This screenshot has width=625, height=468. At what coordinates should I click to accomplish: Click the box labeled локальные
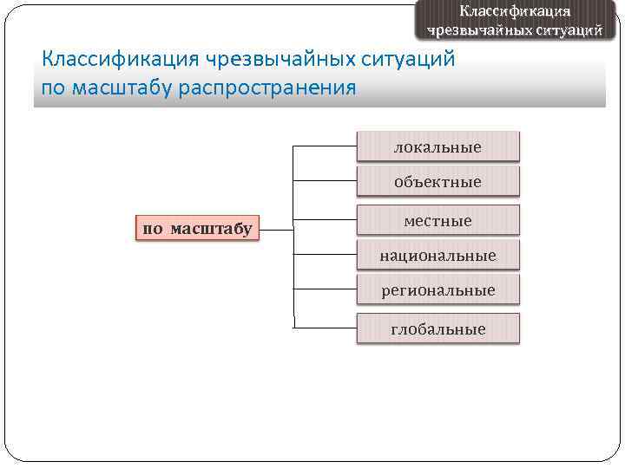437,146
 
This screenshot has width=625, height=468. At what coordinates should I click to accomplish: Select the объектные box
437,182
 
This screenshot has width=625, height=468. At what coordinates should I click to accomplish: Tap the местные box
437,221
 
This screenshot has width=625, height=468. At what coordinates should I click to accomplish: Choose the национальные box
437,256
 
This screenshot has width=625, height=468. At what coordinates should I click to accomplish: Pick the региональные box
437,290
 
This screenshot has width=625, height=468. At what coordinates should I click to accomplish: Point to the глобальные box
437,329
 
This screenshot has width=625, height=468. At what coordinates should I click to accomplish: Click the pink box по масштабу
197,229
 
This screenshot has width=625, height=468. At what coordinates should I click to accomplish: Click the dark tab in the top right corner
515,20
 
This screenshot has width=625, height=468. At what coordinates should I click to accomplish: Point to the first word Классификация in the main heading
121,60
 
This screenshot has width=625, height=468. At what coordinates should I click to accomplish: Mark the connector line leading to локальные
325,146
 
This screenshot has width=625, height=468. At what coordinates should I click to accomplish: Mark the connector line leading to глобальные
325,328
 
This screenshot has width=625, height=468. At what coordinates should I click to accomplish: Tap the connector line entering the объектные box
325,182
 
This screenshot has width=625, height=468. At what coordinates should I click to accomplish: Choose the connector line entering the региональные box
325,290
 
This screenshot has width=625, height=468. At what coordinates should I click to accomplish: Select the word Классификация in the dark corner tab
515,10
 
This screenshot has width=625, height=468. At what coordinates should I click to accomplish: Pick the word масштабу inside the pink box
211,229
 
